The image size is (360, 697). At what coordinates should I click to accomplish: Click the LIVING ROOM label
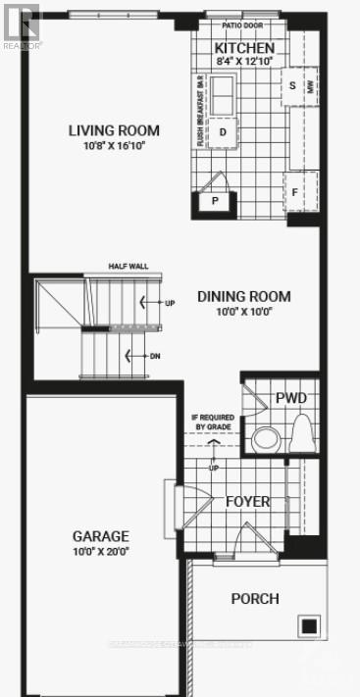click(x=114, y=130)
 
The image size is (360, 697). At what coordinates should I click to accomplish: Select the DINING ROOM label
click(x=244, y=296)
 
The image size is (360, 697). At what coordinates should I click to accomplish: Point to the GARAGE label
click(x=100, y=536)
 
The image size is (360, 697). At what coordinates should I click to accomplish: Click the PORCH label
click(x=255, y=598)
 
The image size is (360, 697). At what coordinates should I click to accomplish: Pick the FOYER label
click(x=247, y=501)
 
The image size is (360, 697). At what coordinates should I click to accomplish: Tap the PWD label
click(x=292, y=398)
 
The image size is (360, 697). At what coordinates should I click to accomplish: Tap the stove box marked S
click(x=292, y=85)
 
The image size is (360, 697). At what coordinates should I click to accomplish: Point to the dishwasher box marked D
click(x=224, y=131)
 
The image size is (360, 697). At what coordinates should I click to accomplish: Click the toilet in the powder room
click(x=302, y=430)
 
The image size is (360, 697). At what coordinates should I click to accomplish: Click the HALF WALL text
click(x=128, y=266)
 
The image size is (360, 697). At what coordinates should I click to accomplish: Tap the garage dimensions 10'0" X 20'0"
click(x=100, y=551)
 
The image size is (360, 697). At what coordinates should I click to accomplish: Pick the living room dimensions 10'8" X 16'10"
click(x=114, y=146)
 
